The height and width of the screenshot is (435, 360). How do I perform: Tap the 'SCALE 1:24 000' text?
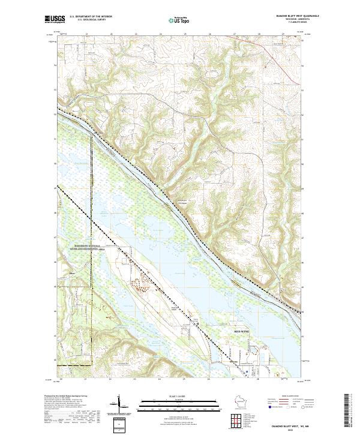tap(179, 396)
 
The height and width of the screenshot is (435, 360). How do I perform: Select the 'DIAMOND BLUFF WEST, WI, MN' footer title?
tap(286, 424)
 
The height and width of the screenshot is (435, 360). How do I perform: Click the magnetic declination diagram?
tap(119, 403)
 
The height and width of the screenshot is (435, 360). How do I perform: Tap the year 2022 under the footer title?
tap(286, 428)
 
